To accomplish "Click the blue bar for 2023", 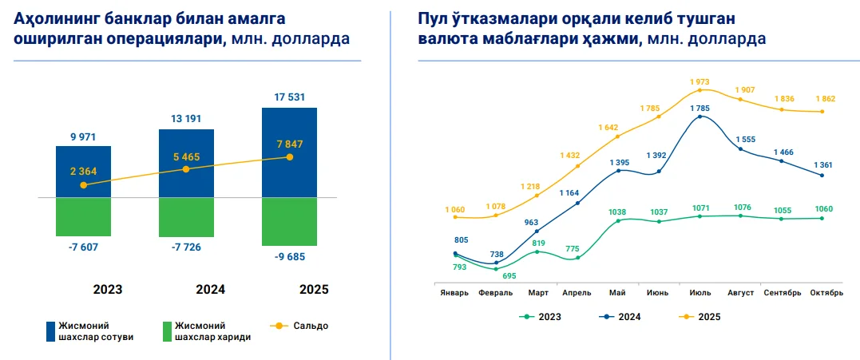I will pos(83,171).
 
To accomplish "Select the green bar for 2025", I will pos(289,221).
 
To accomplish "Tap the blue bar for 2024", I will pos(186,163).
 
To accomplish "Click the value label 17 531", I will pos(289,97).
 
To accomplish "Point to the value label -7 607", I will pos(83,247).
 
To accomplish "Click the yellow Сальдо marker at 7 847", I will pos(289,157).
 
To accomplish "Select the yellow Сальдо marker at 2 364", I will pos(83,185).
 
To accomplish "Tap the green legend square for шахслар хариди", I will pos(166,330).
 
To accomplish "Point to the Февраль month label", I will pos(495,293).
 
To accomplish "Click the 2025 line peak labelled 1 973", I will pos(699,82).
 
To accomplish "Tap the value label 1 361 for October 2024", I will pos(825,165).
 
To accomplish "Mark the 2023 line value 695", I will pos(509,276).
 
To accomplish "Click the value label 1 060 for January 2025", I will pos(454,209).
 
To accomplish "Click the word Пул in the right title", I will pos(432,18).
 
